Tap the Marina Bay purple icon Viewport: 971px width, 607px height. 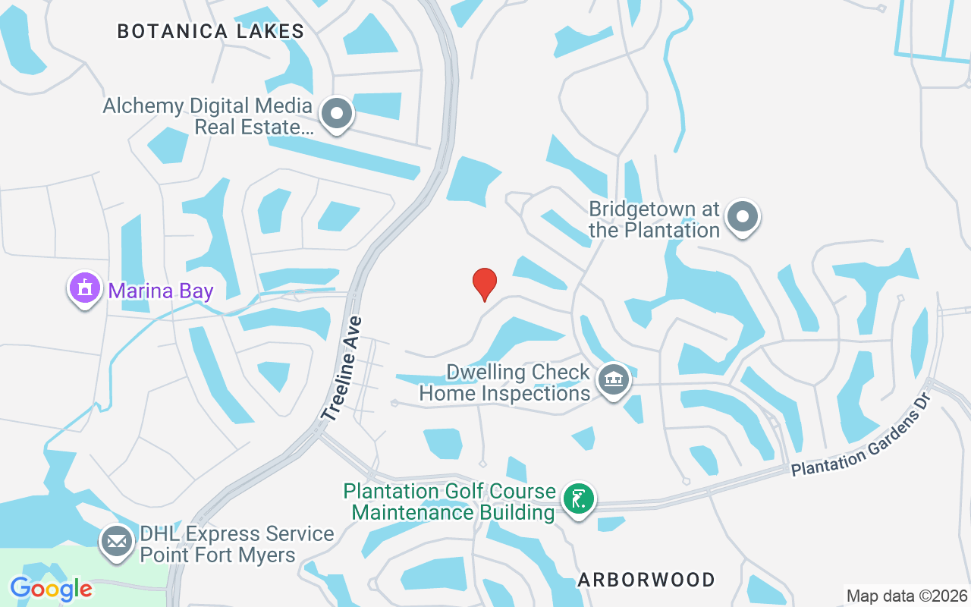click(x=84, y=289)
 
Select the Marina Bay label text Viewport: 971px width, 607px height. click(x=161, y=291)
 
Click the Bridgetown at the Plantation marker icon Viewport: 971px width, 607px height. click(x=743, y=217)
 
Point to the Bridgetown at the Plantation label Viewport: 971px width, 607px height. click(x=654, y=219)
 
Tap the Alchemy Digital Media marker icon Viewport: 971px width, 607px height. click(x=337, y=115)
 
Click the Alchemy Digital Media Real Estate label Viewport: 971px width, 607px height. click(x=208, y=116)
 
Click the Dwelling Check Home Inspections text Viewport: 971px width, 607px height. click(x=505, y=382)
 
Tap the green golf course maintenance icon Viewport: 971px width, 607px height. click(x=579, y=499)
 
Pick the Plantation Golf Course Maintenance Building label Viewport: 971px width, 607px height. click(x=451, y=502)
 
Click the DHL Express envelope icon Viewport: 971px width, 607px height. click(x=116, y=543)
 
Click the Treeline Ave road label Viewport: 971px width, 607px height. click(x=343, y=369)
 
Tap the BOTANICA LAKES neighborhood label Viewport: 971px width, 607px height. click(x=211, y=31)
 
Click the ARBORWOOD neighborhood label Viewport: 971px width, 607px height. click(x=646, y=580)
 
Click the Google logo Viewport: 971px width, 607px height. click(x=51, y=589)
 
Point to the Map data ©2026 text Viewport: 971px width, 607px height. click(x=907, y=596)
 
